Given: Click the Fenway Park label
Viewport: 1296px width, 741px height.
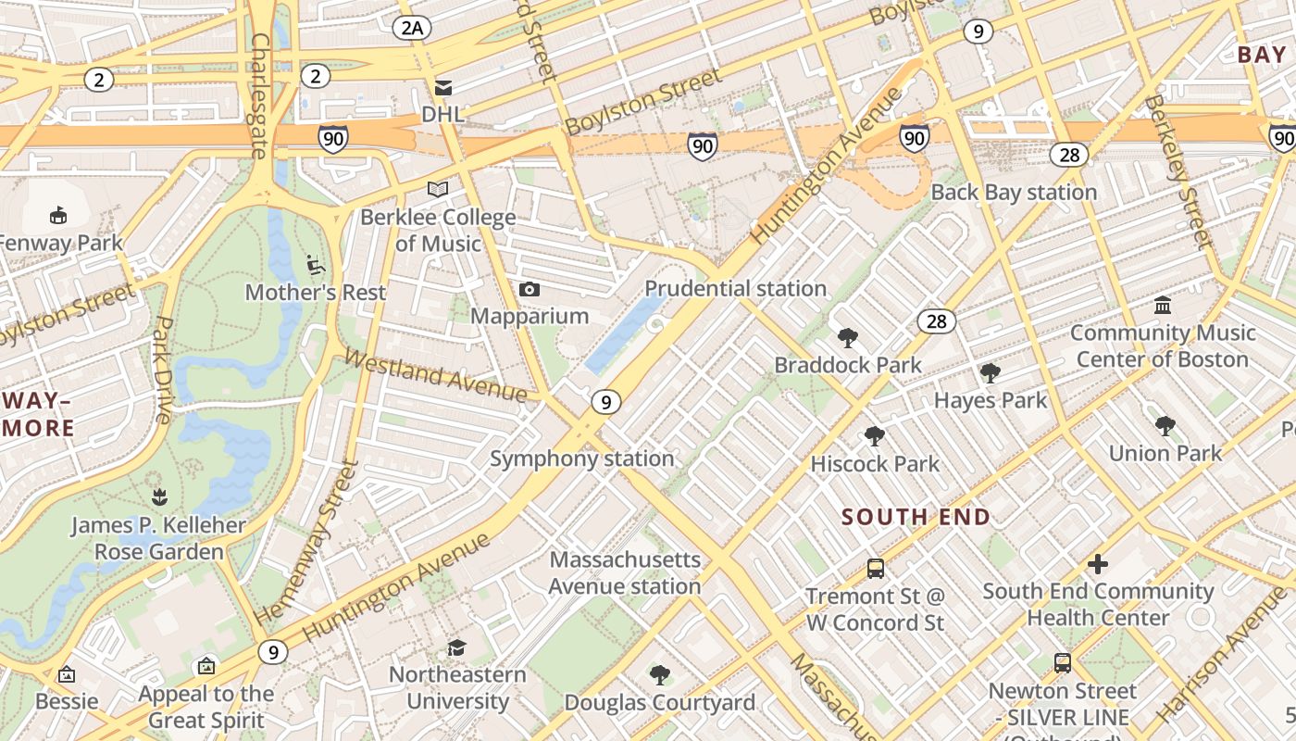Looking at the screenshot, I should click(x=61, y=244).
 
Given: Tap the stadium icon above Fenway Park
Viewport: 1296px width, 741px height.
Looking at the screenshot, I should click(x=58, y=215).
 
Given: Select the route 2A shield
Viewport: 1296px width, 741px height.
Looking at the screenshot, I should click(x=412, y=28).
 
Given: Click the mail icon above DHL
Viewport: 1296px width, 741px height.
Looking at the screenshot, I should click(x=443, y=87).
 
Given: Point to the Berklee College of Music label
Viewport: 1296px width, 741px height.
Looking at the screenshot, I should click(x=438, y=230).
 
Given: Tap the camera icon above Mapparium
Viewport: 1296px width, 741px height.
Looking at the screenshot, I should click(x=530, y=290).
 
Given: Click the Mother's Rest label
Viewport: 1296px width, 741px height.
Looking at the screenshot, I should click(x=316, y=293).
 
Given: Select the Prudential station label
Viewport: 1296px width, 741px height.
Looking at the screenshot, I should click(x=735, y=288).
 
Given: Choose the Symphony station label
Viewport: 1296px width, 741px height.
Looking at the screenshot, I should click(x=581, y=458).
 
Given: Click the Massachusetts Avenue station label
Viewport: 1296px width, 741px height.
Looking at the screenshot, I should click(x=625, y=572).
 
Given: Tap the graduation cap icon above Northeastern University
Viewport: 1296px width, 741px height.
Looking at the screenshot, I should click(x=456, y=647).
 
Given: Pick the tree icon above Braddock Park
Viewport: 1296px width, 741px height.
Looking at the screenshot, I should click(x=847, y=338).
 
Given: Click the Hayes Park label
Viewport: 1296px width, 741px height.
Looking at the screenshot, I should click(x=991, y=400).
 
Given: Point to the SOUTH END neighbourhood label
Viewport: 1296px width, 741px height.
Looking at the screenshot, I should click(x=916, y=517).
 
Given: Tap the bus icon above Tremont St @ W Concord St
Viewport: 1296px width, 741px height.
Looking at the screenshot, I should click(x=875, y=569).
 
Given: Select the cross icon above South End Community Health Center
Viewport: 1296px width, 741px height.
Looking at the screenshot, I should click(x=1097, y=563).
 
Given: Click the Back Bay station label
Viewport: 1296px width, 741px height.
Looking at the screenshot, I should click(x=1014, y=193).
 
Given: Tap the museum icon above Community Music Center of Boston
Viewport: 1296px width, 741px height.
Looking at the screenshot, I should click(x=1163, y=305).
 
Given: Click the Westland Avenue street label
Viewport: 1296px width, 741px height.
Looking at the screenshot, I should click(x=435, y=374).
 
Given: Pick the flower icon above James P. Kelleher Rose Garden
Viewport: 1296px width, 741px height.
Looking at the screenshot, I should click(x=159, y=497).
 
